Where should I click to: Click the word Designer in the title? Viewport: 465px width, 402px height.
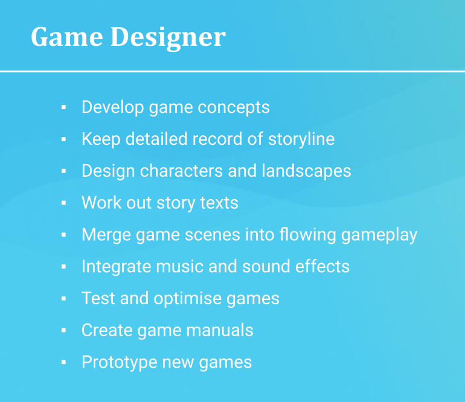[x=168, y=37]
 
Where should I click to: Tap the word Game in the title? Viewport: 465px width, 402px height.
[x=66, y=37]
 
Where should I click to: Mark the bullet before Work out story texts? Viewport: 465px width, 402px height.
[x=63, y=203]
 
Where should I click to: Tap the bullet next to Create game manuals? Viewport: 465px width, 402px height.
[x=63, y=331]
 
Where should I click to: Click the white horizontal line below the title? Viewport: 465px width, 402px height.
[x=232, y=71]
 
